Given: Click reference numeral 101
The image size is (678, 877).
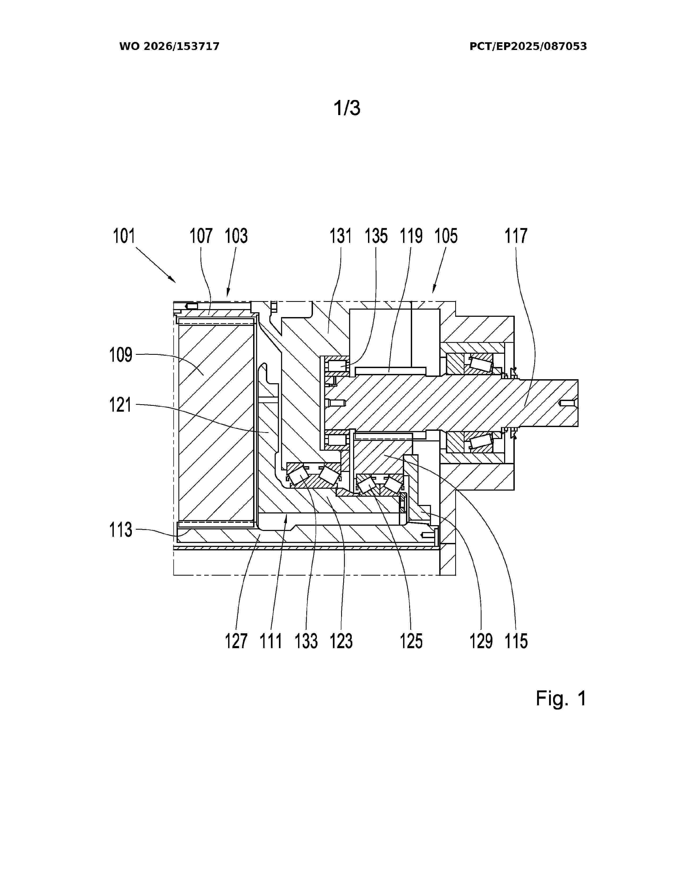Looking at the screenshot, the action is click(x=124, y=236).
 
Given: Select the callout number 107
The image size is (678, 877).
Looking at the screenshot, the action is click(x=201, y=236).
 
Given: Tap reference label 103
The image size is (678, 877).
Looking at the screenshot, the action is click(x=236, y=236).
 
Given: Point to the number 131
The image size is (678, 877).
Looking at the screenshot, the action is click(x=341, y=236).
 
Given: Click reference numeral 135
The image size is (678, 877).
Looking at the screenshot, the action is click(x=376, y=236).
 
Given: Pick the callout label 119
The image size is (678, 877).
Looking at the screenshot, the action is click(x=411, y=236).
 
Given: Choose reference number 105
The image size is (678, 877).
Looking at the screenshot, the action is click(x=446, y=236).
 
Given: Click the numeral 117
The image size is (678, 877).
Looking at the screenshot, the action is click(x=516, y=236).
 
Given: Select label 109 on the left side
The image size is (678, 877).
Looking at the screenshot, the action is click(x=121, y=355).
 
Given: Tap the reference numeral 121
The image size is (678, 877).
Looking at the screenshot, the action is click(x=121, y=405).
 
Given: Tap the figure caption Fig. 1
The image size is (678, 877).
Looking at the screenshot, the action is click(x=561, y=699).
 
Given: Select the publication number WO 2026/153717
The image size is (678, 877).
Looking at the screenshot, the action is click(x=170, y=47).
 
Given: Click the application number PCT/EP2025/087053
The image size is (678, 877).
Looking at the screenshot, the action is click(x=528, y=47).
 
